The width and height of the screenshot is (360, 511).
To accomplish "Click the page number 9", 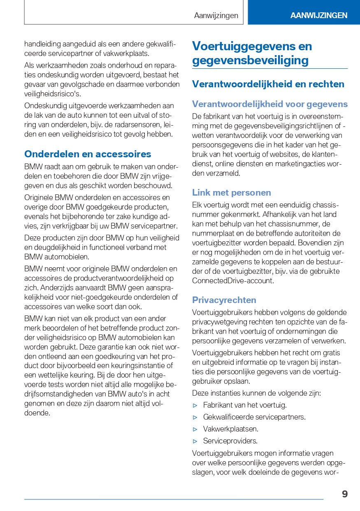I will tap(345, 494).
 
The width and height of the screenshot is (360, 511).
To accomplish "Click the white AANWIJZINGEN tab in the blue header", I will tap(319, 16).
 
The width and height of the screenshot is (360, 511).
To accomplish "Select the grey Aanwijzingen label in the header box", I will tap(216, 16).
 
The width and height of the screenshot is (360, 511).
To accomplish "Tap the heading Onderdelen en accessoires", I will tap(88, 154).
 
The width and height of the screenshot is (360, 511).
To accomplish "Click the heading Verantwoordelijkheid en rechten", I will tap(268, 84).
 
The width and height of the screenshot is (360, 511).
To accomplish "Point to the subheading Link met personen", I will tap(232, 193).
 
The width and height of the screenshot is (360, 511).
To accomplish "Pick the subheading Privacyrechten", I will tap(224, 300).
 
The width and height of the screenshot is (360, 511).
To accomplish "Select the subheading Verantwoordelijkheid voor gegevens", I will tap(270, 104).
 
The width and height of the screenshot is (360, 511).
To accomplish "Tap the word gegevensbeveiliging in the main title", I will tap(250, 61).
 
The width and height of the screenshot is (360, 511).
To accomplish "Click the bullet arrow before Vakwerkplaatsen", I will tap(195, 429).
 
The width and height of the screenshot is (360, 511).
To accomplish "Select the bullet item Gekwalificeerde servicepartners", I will tap(254, 417).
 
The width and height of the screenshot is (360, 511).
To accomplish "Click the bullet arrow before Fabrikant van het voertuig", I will tap(195, 405).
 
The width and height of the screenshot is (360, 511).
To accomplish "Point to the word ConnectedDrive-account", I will tap(232, 281).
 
